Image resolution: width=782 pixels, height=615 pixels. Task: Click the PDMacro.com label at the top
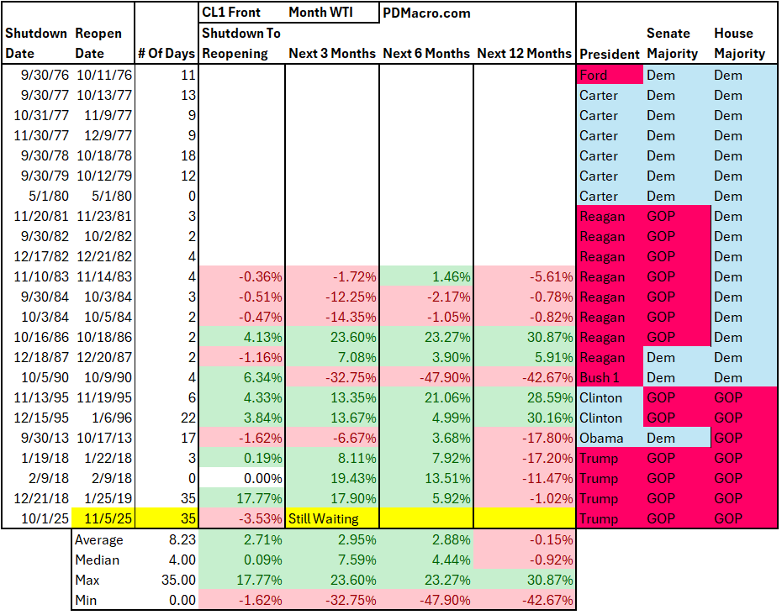click(426, 13)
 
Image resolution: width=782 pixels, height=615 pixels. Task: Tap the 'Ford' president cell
click(594, 75)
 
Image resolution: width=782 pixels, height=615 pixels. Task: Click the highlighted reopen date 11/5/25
click(104, 518)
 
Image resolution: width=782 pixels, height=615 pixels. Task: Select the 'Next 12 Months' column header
click(524, 53)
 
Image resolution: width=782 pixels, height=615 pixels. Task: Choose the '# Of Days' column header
click(166, 53)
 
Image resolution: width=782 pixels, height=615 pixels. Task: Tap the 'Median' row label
click(98, 560)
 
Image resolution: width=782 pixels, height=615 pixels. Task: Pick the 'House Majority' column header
click(740, 43)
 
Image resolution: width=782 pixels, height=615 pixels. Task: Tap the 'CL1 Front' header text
click(231, 13)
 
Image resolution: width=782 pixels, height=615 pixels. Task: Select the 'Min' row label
click(87, 600)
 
